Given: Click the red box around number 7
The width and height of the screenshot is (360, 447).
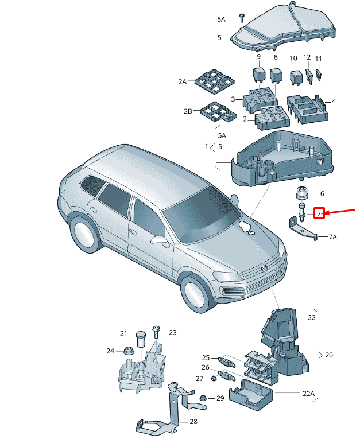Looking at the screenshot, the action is point(319,213).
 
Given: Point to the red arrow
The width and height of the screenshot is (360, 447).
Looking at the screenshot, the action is point(340,212).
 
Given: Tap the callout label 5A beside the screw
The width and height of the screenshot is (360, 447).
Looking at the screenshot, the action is point(222,19).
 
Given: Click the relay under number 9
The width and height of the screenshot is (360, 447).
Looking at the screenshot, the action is point(259,75).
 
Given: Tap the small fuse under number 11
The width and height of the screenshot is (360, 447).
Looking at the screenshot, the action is point(319,75).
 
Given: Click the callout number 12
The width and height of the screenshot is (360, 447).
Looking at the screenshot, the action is point(307,57).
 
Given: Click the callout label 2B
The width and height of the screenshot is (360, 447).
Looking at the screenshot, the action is point(188,111).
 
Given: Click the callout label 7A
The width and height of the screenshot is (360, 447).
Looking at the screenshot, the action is point(333,237).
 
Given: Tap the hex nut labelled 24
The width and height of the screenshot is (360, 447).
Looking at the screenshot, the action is point(128,351).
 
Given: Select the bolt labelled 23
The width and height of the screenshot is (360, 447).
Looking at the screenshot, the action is point(156,332).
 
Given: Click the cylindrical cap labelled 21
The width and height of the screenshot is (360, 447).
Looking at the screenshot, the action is point(141,339).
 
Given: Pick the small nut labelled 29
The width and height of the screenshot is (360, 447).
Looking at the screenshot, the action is point(203,398).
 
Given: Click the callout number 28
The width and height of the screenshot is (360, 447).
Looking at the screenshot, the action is point(193,422).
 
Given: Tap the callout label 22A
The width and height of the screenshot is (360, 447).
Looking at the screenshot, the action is point(309,394).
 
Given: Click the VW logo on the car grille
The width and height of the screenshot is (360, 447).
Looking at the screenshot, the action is point(264,268).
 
